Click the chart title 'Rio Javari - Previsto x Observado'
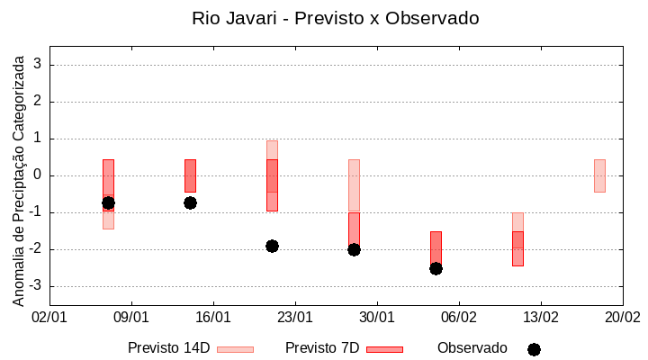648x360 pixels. point(335,18)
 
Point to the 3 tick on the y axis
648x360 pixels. point(38,65)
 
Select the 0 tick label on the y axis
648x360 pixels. point(38,175)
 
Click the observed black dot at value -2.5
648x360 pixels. point(436,268)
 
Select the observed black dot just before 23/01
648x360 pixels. point(272,246)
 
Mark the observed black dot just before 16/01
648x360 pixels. point(190,202)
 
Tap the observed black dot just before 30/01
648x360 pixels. point(354,249)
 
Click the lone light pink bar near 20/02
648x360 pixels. point(599,175)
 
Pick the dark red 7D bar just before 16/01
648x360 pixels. point(190,175)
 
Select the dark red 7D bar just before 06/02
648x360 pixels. point(436,247)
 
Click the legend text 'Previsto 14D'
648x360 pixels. point(169,347)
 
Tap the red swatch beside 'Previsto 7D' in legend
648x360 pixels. point(384,349)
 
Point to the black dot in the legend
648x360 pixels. point(534,349)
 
